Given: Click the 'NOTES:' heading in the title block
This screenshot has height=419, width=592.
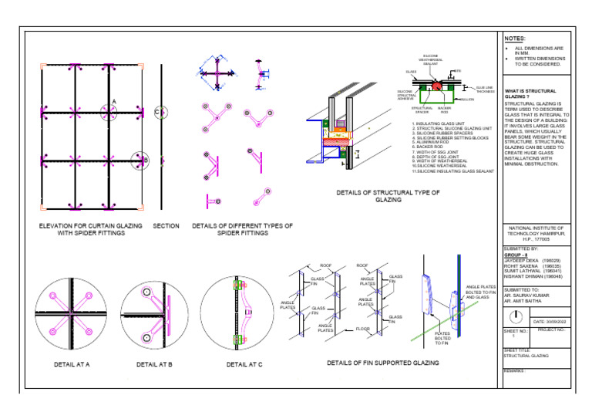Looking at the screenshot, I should [x=515, y=38].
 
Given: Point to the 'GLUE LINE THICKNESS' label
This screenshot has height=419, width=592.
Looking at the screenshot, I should [x=486, y=90].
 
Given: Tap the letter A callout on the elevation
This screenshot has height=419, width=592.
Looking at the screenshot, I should [x=114, y=101].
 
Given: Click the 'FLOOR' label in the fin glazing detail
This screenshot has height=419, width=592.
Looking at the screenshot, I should [x=362, y=329].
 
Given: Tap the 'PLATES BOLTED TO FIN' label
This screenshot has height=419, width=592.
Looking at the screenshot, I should [x=442, y=338].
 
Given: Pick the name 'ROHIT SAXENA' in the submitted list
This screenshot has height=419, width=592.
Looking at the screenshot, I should [x=521, y=266].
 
